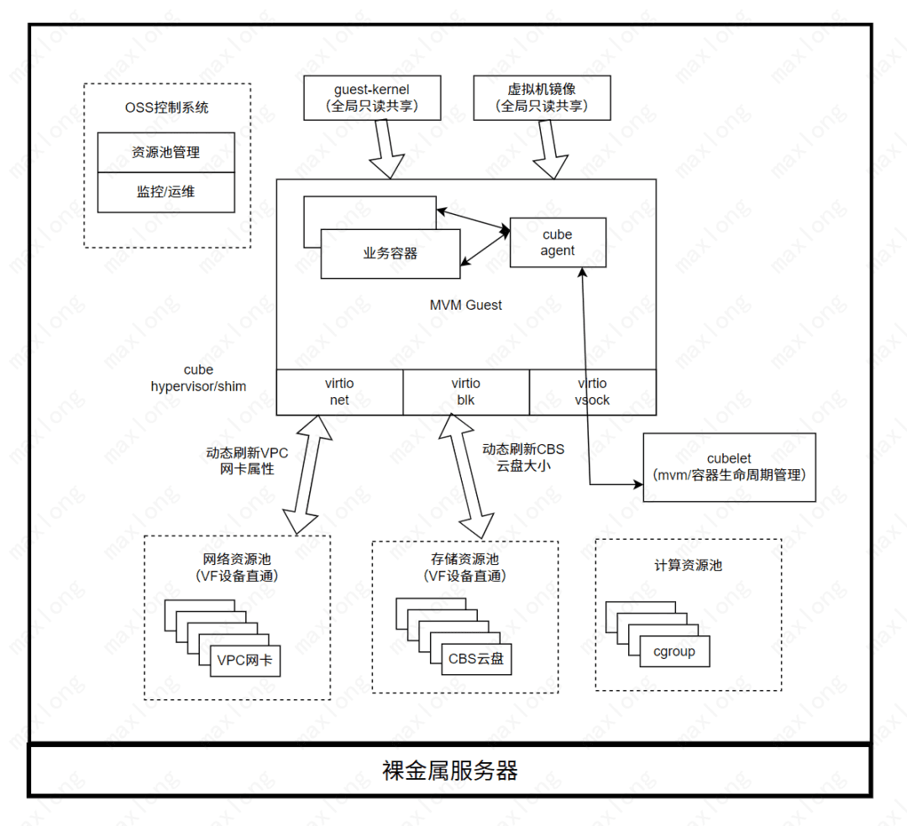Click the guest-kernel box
coord(372,97)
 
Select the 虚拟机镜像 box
coord(542,97)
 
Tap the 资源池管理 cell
coord(165,153)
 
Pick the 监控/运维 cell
coord(165,191)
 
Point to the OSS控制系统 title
coord(166,107)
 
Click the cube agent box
coord(558,243)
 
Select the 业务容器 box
coord(390,254)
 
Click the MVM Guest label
coord(465,306)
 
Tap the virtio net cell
coord(339,392)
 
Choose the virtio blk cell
coord(465,392)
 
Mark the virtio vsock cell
coord(592,392)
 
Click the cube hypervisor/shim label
coord(198,378)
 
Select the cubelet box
coord(728,467)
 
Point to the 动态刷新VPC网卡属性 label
coord(247,460)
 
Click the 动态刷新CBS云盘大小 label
coord(523,457)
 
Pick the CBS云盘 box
coord(476,658)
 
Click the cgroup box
coord(674,651)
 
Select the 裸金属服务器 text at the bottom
coord(449,770)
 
